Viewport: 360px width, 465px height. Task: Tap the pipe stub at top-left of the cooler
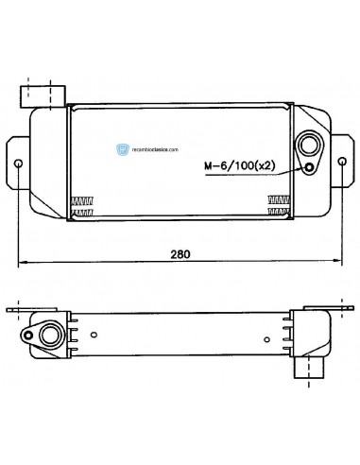[x=43, y=95]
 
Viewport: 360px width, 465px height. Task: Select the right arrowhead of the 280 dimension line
[x=336, y=262]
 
